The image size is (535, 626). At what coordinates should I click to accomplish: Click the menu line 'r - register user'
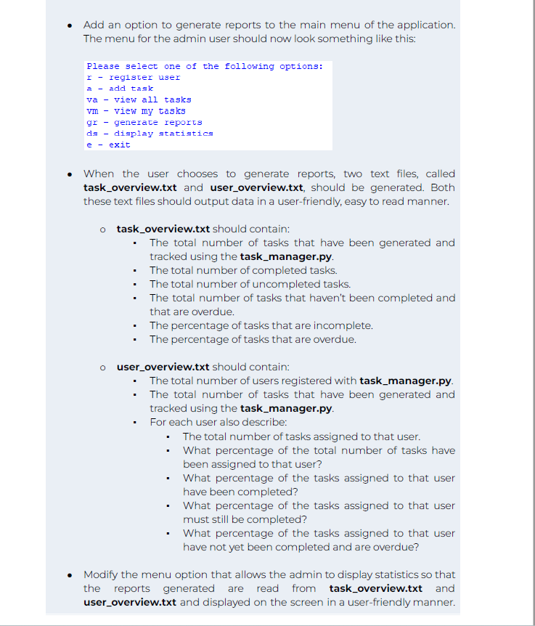tap(133, 78)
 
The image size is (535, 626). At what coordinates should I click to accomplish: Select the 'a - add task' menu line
tap(120, 89)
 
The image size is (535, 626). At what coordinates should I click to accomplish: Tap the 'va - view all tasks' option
tap(139, 100)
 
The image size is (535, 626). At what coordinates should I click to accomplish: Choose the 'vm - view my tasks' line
tap(136, 111)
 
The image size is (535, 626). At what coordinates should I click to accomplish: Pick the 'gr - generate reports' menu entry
tap(144, 123)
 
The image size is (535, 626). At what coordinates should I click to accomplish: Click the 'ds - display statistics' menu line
tap(150, 134)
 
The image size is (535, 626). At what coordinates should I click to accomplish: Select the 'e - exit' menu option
tap(108, 145)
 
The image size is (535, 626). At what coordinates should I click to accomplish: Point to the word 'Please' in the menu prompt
tap(102, 67)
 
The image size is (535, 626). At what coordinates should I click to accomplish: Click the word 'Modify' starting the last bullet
tap(100, 574)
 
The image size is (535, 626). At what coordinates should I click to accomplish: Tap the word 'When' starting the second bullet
tap(99, 174)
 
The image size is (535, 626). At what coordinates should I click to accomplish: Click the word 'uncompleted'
tap(283, 284)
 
